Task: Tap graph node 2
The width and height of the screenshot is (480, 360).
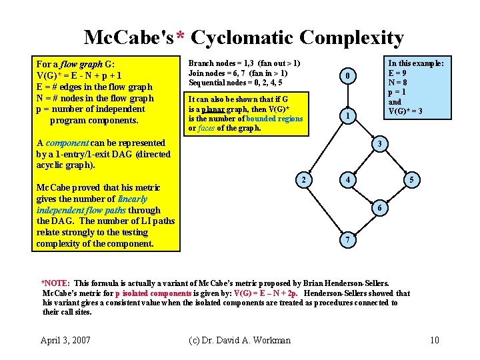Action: coord(304,180)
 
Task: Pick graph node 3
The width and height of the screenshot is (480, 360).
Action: coord(379,145)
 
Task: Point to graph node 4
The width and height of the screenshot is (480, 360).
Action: coord(347,180)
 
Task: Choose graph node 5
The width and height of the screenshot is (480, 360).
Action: coord(413,180)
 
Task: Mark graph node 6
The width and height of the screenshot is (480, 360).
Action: coord(379,208)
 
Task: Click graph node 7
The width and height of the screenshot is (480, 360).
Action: coord(347,239)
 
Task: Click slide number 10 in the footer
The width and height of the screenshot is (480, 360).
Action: coord(434,340)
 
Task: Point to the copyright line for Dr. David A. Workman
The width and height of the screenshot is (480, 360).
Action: coord(240,340)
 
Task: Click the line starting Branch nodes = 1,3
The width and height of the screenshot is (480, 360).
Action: coord(244,63)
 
